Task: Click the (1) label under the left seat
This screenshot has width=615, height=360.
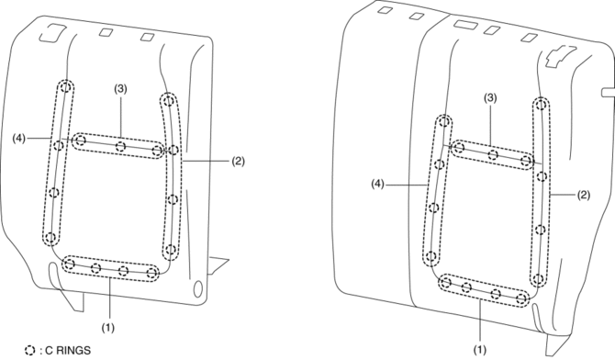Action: click(x=108, y=327)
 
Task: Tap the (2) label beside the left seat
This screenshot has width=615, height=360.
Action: click(x=238, y=161)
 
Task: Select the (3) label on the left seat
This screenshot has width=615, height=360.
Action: click(x=120, y=89)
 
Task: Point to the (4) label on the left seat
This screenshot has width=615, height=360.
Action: click(x=19, y=138)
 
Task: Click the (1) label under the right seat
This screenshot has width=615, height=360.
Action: click(x=480, y=349)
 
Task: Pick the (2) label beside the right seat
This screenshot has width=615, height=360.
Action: click(x=583, y=195)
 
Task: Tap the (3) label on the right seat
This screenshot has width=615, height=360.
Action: click(x=490, y=98)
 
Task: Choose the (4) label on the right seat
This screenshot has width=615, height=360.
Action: click(x=378, y=184)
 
